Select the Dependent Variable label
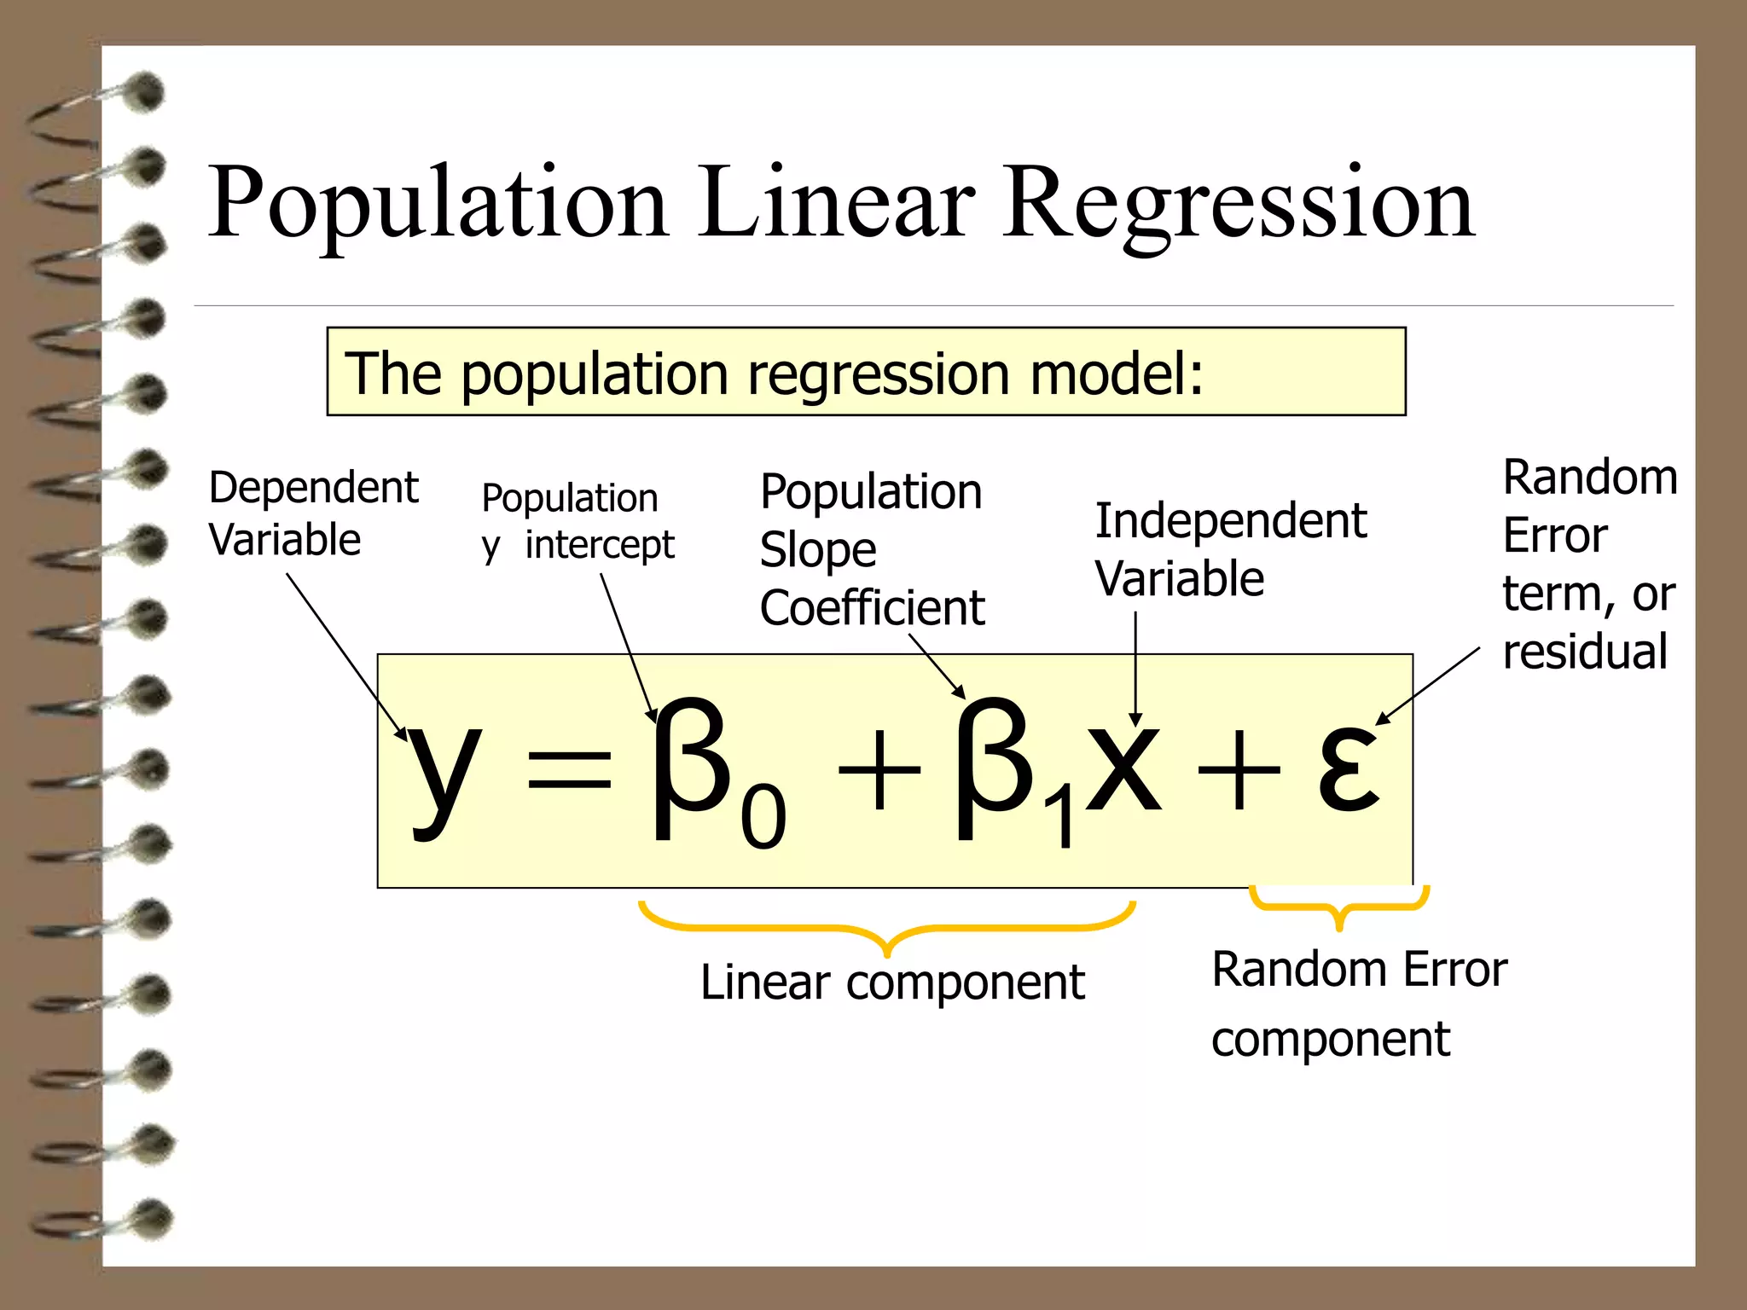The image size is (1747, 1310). (x=313, y=513)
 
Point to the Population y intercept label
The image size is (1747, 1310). (x=577, y=522)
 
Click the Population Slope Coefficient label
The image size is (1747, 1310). (x=872, y=549)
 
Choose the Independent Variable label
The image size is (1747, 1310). (x=1230, y=549)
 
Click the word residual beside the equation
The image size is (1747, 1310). (x=1584, y=652)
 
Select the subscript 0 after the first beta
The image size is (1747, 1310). (x=763, y=816)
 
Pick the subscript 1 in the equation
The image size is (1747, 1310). (x=1063, y=820)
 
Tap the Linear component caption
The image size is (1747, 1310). (x=892, y=982)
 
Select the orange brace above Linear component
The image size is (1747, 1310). (x=887, y=930)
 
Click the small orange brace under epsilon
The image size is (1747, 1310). (x=1339, y=906)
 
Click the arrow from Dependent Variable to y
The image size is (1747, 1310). (x=345, y=653)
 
